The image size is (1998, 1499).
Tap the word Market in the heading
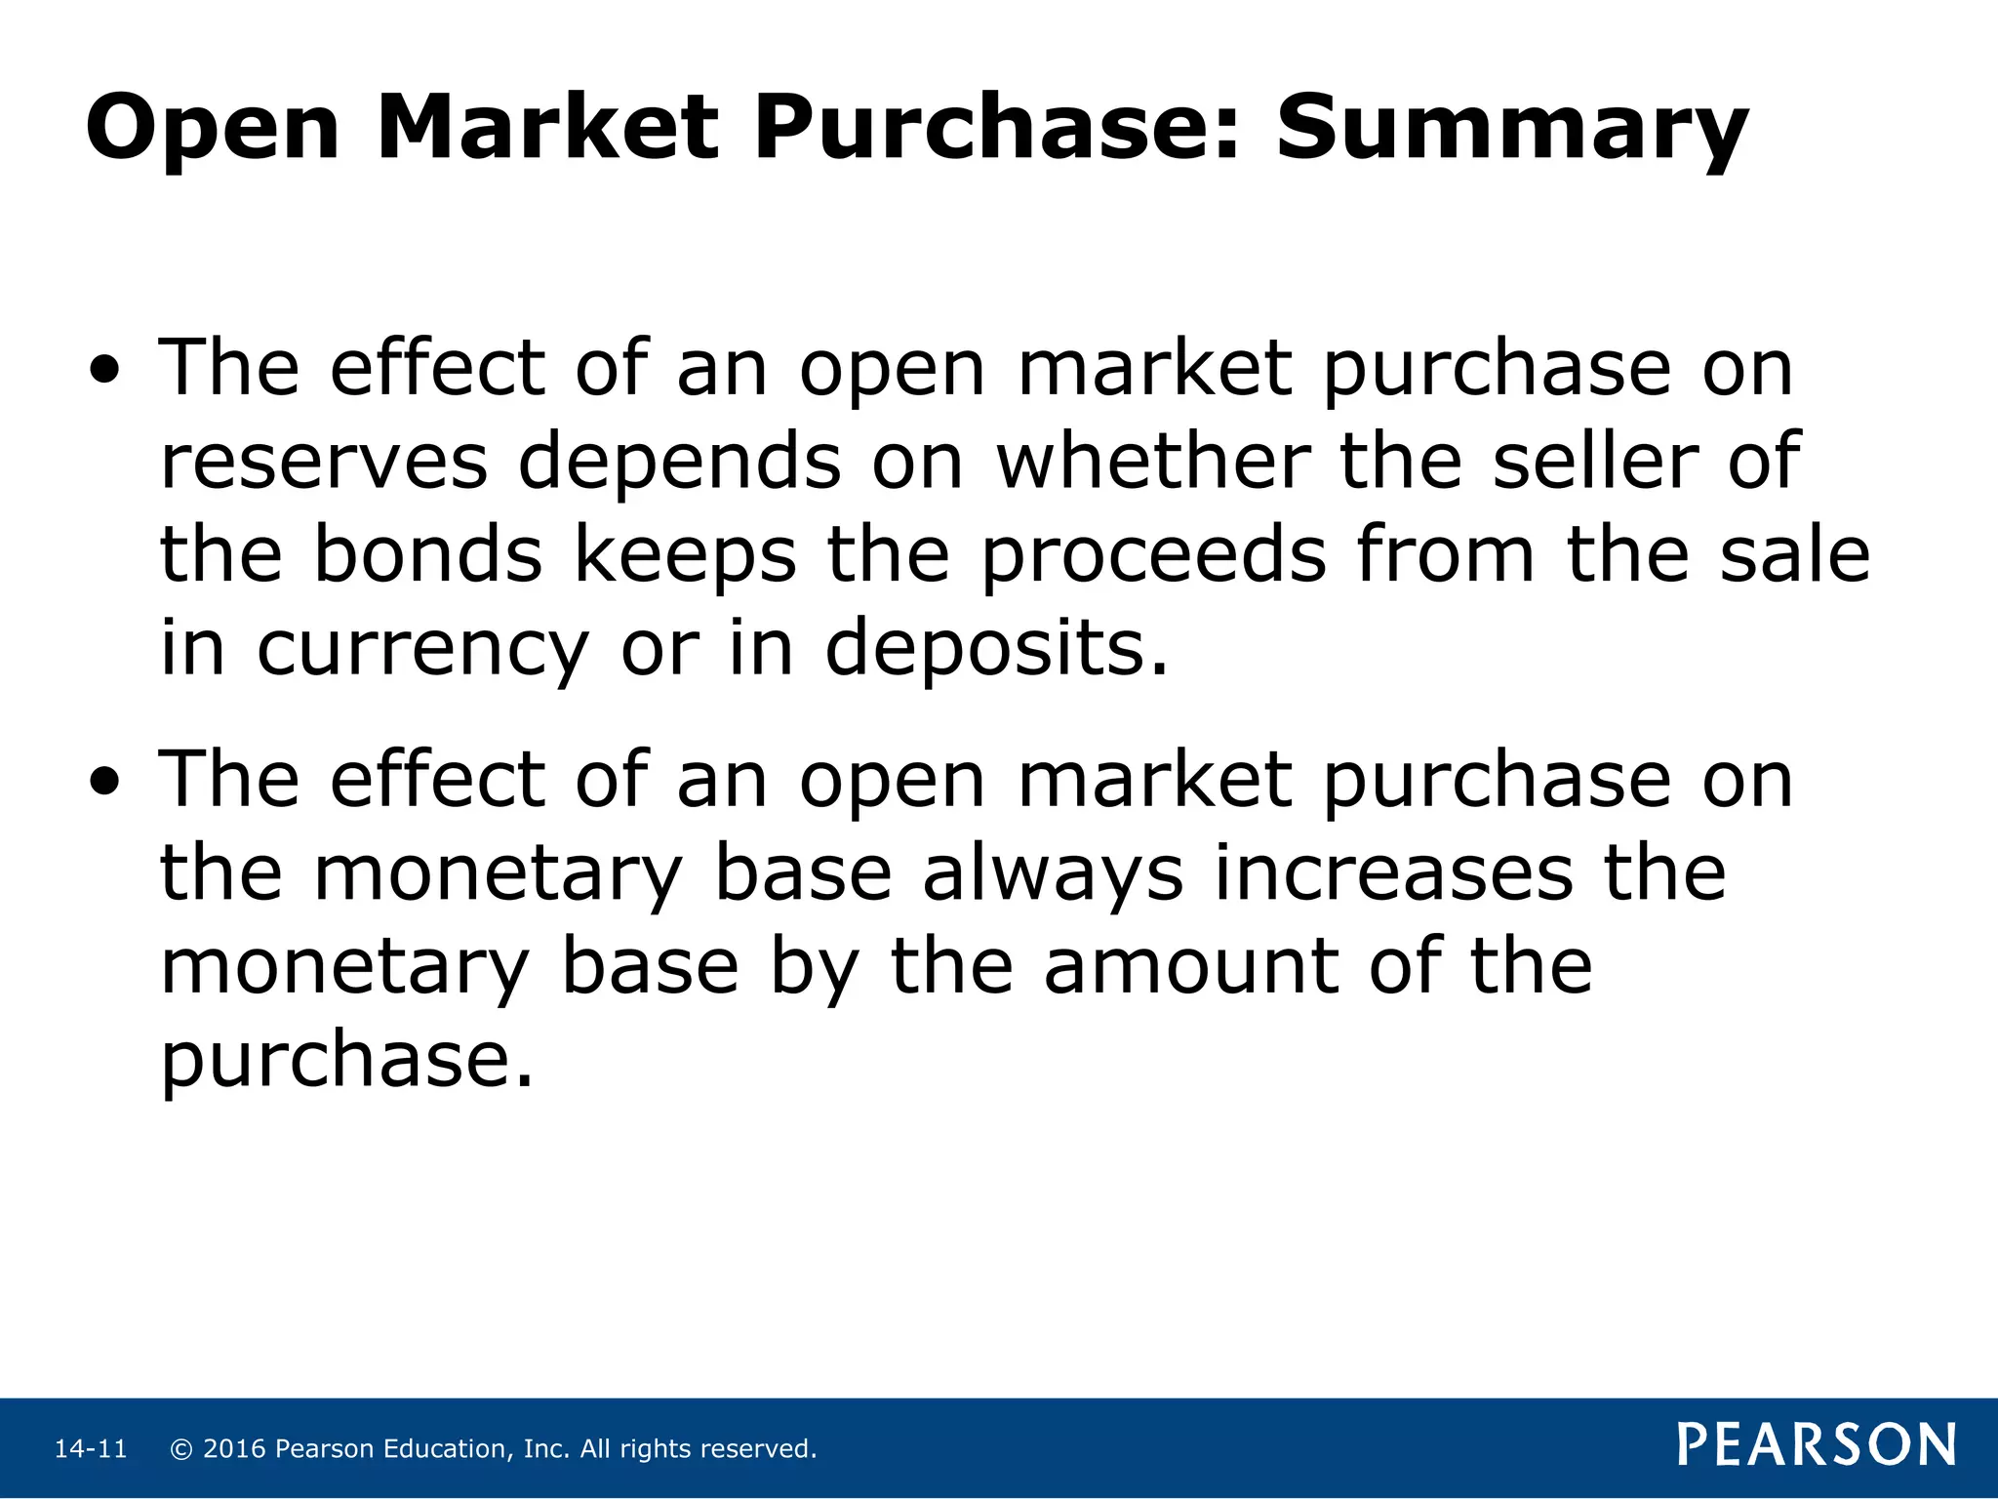[547, 127]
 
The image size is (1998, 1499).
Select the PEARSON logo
[1817, 1445]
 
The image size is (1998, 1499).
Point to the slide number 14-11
[91, 1449]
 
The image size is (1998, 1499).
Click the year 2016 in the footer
[234, 1449]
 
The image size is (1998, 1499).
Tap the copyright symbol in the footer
[180, 1449]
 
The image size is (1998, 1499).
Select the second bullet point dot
[105, 783]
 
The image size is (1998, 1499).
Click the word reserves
[323, 463]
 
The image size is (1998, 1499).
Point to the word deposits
[995, 650]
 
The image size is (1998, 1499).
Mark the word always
[1053, 874]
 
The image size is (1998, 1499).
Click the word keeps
[684, 556]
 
